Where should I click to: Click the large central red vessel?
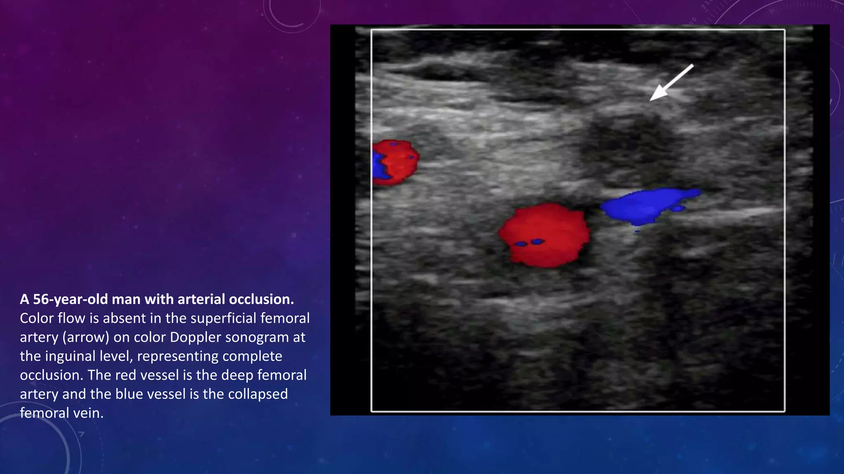click(x=544, y=235)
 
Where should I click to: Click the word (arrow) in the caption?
click(x=86, y=337)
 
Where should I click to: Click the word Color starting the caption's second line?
click(x=37, y=318)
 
